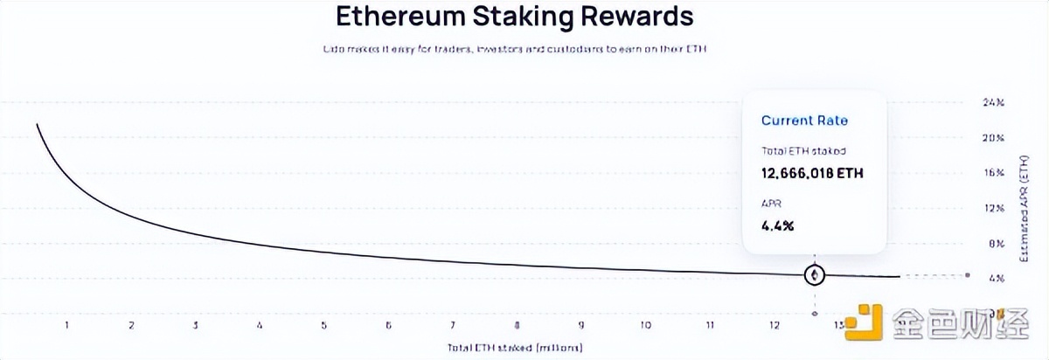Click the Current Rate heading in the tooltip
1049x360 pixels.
click(804, 121)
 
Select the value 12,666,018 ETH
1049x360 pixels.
click(812, 173)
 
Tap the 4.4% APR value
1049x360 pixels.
click(778, 226)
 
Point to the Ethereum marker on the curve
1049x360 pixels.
click(815, 275)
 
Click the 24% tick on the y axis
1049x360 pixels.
click(993, 102)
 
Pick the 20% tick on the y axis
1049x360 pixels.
click(993, 138)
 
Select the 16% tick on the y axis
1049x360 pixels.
click(993, 173)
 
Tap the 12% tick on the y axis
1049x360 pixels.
click(993, 208)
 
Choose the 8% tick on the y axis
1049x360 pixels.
click(993, 243)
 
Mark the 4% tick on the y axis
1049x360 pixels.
click(993, 278)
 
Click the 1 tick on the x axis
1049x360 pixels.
click(66, 326)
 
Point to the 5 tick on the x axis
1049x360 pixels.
click(324, 326)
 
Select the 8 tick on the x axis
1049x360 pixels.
click(517, 326)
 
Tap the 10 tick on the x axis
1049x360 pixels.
click(645, 326)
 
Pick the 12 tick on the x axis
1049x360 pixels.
click(775, 326)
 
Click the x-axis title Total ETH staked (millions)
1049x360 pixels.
click(514, 347)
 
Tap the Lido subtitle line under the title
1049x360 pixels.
click(513, 49)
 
